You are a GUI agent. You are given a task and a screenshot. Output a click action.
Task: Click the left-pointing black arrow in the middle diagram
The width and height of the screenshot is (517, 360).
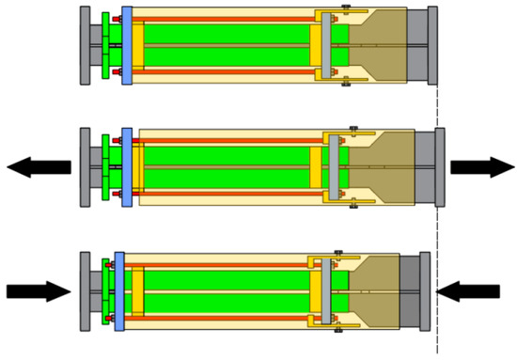pyautogui.click(x=38, y=167)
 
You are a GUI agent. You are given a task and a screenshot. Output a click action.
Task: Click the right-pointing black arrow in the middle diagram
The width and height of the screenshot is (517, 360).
pyautogui.click(x=480, y=167)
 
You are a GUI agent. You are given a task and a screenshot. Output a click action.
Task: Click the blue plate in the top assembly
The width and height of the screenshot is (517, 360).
pyautogui.click(x=127, y=45)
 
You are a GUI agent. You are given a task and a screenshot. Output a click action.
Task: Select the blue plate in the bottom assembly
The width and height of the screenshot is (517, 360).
pyautogui.click(x=119, y=291)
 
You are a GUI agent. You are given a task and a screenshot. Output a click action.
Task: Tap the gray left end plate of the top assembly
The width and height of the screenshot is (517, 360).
pyautogui.click(x=86, y=45)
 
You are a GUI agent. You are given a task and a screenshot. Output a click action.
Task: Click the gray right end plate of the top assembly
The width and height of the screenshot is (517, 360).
pyautogui.click(x=432, y=45)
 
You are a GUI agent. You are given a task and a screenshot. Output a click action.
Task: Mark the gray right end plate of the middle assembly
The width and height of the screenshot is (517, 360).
pyautogui.click(x=440, y=167)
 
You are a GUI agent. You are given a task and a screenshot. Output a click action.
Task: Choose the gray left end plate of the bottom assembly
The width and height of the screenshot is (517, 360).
pyautogui.click(x=86, y=291)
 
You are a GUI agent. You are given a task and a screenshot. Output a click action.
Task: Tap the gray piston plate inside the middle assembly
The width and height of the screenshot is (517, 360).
pyautogui.click(x=335, y=167)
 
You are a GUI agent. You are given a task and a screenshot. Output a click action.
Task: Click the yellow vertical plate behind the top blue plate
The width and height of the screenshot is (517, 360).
pyautogui.click(x=138, y=45)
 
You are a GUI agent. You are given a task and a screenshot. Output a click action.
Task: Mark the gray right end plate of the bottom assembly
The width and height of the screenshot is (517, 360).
pyautogui.click(x=425, y=291)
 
